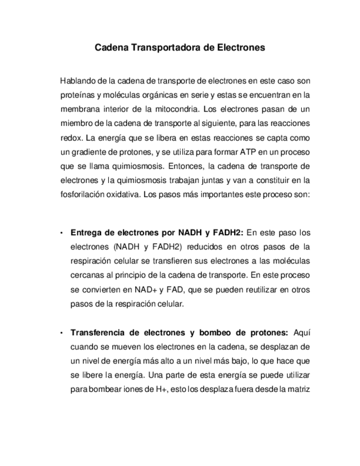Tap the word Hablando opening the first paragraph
point(76,81)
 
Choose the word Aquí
point(302,332)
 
